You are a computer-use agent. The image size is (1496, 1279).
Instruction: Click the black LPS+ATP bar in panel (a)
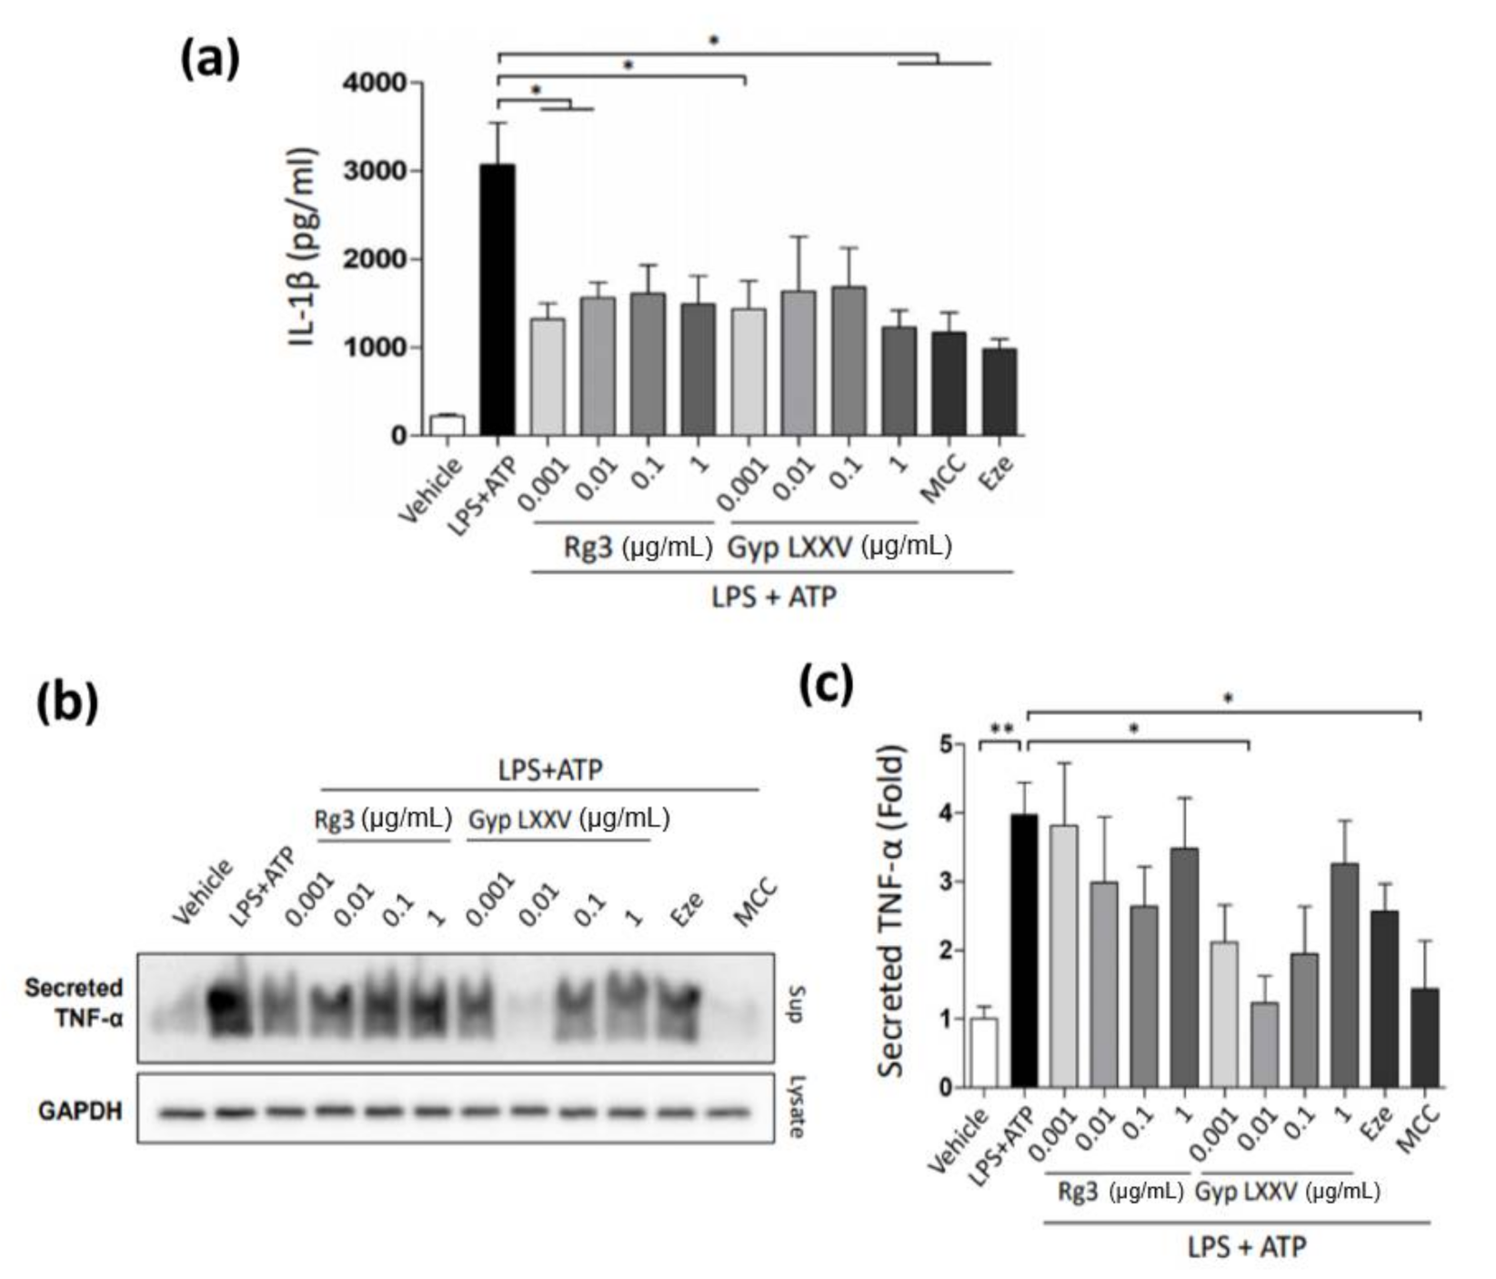tap(497, 300)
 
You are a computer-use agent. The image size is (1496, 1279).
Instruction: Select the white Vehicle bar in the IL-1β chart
tap(447, 425)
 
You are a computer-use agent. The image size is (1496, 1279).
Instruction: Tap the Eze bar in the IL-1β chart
tap(999, 391)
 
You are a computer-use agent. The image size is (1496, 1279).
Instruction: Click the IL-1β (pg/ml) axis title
tap(303, 247)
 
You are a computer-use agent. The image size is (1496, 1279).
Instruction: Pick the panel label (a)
tap(210, 59)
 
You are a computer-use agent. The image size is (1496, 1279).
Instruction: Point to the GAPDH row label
tap(80, 1111)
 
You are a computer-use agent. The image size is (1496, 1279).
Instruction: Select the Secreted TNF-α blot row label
tap(75, 1002)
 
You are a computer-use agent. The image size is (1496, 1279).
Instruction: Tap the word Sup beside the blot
tap(794, 1004)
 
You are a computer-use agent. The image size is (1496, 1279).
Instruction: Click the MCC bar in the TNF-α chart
tap(1425, 1038)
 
